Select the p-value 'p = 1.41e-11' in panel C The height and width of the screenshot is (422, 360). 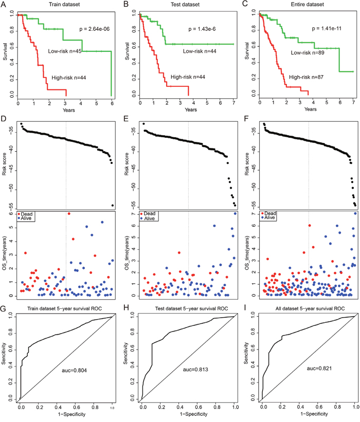point(320,31)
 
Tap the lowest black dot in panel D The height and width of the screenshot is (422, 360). point(112,205)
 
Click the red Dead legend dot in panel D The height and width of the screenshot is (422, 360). point(19,213)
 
